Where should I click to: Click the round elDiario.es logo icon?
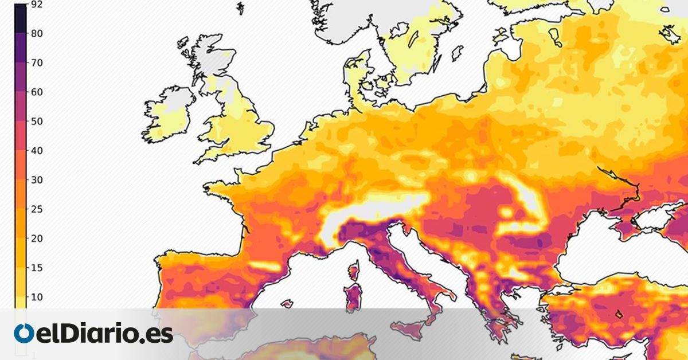pyautogui.click(x=24, y=334)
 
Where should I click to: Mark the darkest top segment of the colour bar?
pyautogui.click(x=21, y=17)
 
